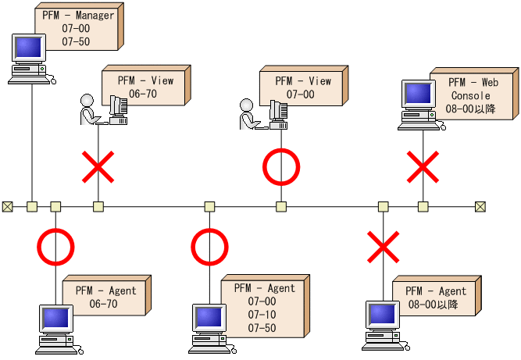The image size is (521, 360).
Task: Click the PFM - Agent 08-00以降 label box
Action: (435, 298)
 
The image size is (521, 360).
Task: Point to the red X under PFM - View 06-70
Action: (98, 167)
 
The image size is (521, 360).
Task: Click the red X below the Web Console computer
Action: (423, 167)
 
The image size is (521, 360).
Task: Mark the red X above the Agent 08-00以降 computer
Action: (384, 247)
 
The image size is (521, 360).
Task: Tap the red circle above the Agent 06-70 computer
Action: (55, 247)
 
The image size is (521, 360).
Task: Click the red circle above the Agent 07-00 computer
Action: (209, 247)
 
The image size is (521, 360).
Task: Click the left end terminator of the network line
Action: (7, 207)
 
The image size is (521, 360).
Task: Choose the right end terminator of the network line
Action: (480, 207)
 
